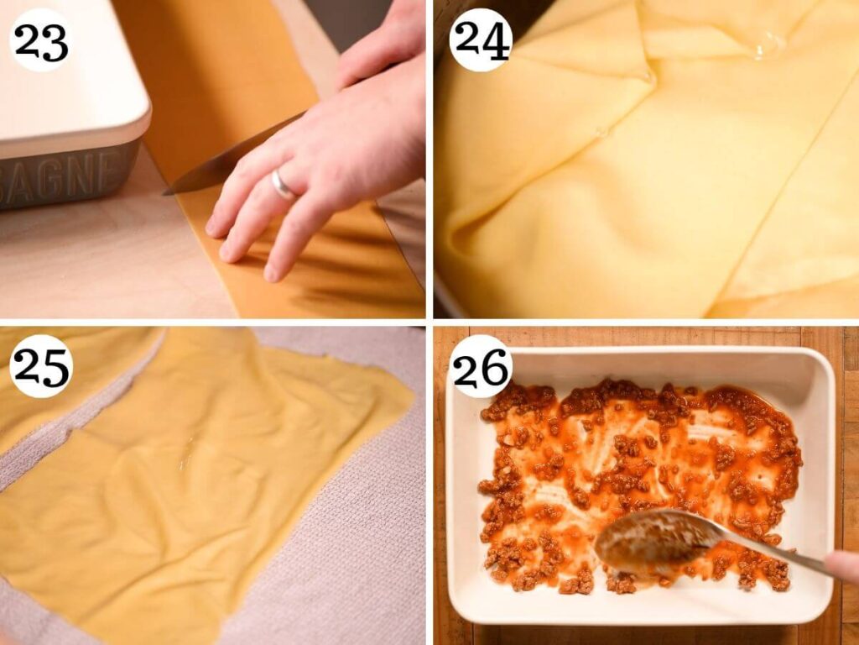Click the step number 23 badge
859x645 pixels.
[x=40, y=39]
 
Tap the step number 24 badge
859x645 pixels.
[x=480, y=39]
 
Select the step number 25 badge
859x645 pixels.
[x=40, y=365]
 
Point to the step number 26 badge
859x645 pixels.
[x=480, y=365]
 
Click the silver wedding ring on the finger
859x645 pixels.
[x=283, y=185]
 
